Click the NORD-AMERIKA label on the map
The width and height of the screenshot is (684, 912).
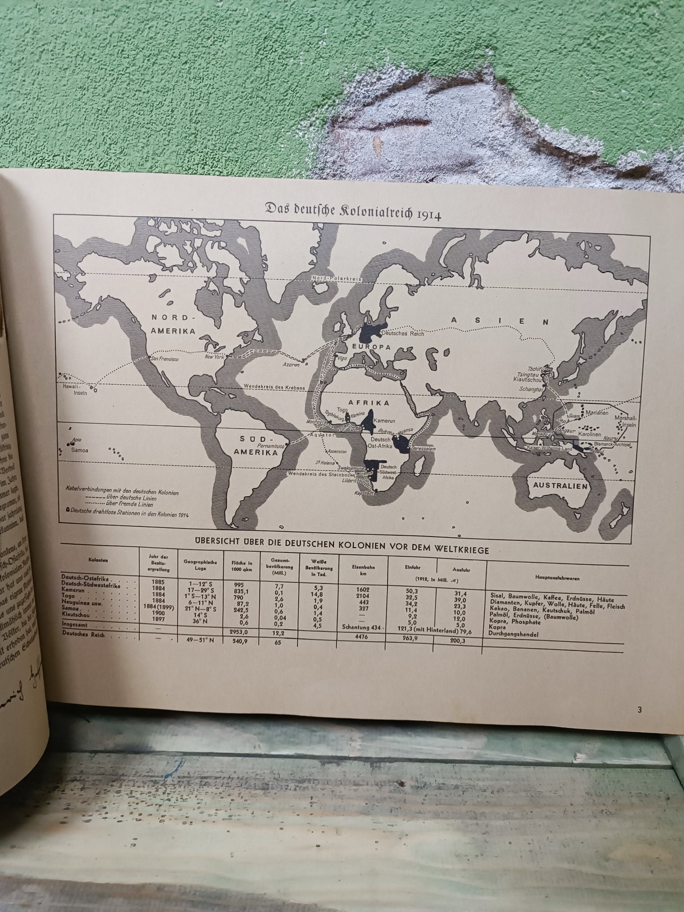pos(173,324)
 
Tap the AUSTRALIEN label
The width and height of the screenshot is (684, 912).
pos(560,486)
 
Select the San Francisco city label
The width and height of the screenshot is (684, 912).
pos(164,359)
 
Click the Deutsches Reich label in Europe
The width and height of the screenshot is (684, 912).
pos(401,333)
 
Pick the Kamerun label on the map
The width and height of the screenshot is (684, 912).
pos(384,421)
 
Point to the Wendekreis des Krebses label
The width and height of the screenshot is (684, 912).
pos(275,387)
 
